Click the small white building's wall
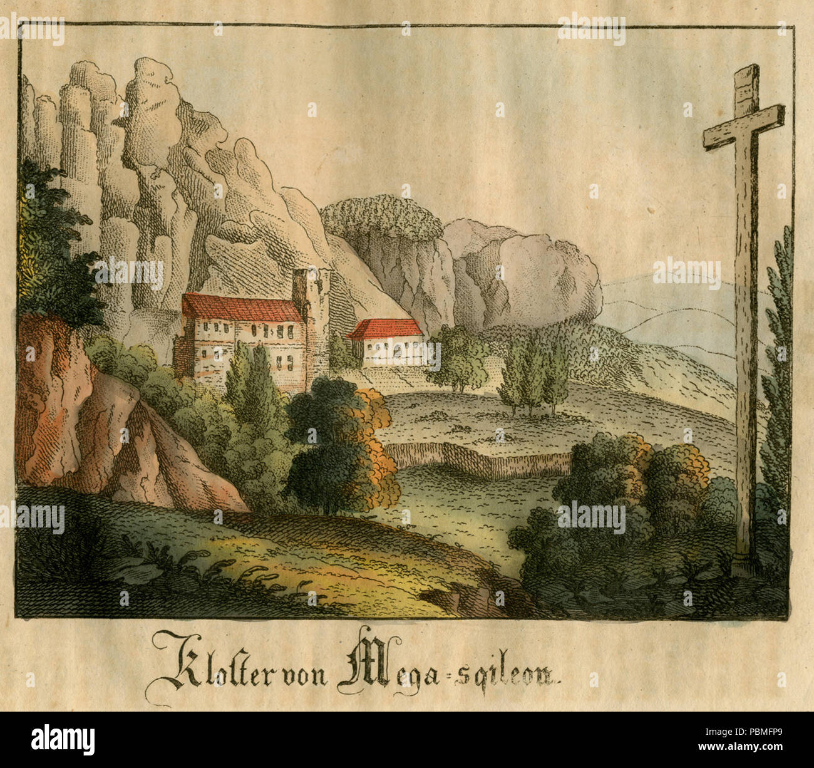[x=391, y=351]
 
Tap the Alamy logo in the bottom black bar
[x=63, y=739]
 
